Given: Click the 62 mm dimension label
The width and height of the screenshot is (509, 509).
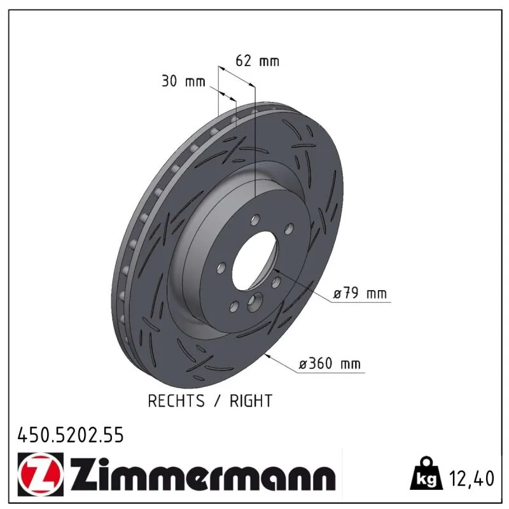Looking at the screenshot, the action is pyautogui.click(x=257, y=61).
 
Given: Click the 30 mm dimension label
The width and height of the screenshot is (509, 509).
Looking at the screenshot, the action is pyautogui.click(x=183, y=81).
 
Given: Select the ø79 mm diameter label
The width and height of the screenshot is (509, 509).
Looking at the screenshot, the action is pyautogui.click(x=360, y=293).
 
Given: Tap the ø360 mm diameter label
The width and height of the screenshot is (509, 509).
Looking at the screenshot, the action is pyautogui.click(x=330, y=363).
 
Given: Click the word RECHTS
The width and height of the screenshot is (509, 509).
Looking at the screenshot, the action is pyautogui.click(x=176, y=401).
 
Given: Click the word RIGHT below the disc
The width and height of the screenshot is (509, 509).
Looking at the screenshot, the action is pyautogui.click(x=251, y=401).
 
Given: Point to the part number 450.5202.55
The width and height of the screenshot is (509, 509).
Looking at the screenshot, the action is pyautogui.click(x=71, y=435).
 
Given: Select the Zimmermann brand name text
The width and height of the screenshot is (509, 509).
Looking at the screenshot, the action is pyautogui.click(x=202, y=474).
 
